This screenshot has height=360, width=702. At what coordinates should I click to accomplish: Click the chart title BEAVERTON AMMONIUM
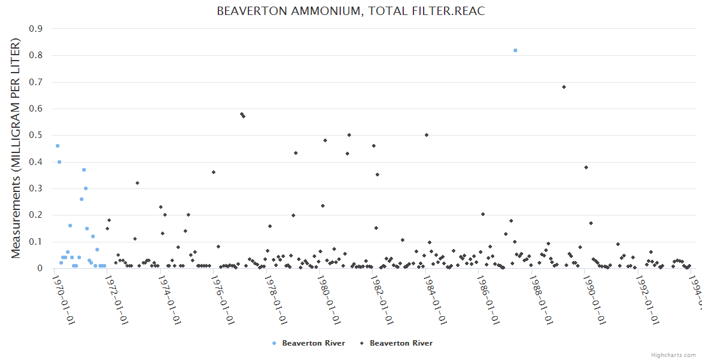point(350,11)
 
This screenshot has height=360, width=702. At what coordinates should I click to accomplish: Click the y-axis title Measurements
point(16,148)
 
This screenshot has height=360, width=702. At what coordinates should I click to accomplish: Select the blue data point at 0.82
point(515,50)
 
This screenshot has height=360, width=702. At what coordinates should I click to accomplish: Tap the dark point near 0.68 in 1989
point(564,87)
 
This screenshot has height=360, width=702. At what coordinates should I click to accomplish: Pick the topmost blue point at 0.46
point(58,146)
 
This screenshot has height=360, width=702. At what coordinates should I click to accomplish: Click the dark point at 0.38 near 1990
point(586,167)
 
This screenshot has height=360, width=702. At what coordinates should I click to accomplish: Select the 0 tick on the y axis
point(40,268)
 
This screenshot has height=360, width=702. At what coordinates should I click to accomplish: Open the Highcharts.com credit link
point(673,355)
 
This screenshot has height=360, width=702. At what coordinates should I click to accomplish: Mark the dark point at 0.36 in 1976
point(214,172)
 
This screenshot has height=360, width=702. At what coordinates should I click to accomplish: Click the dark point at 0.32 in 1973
point(137,183)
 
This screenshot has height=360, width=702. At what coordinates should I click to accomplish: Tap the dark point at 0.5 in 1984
point(427,135)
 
